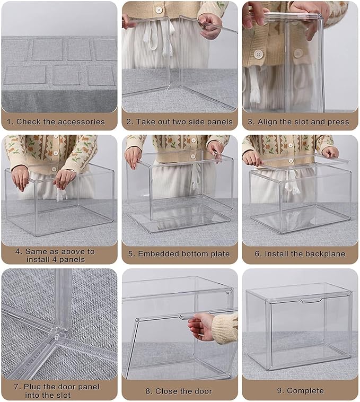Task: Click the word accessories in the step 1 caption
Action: tap(81, 121)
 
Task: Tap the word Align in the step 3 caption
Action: tap(268, 121)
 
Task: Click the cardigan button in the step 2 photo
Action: tap(159, 10)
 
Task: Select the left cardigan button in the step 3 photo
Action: tap(258, 54)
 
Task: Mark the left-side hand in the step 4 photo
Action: tap(21, 178)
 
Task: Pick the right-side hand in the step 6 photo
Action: tap(330, 152)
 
